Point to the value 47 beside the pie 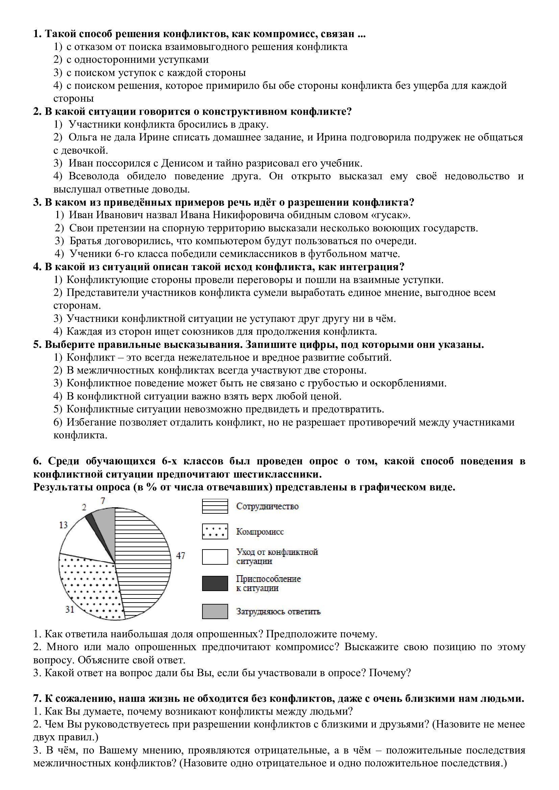click(x=181, y=555)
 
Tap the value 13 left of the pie click(x=63, y=525)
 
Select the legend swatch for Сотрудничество click(x=215, y=506)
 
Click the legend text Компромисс click(x=260, y=532)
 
